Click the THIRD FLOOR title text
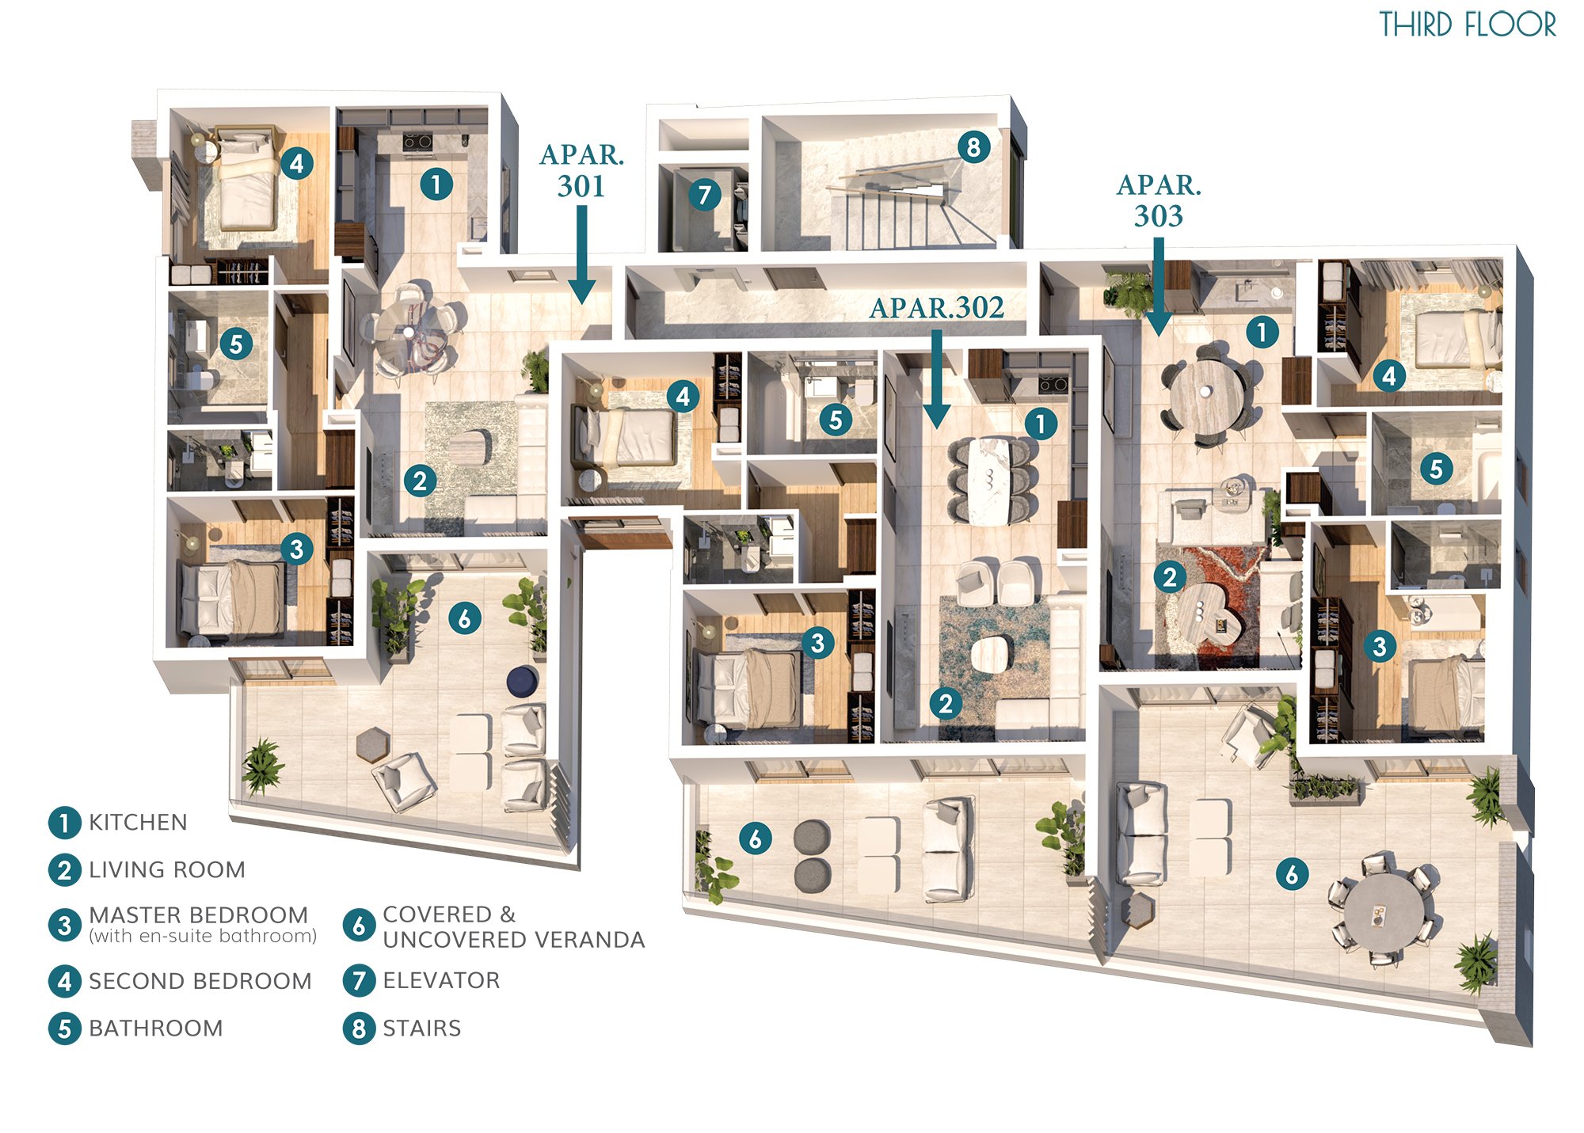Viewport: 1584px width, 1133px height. (1468, 25)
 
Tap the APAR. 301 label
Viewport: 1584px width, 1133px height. (582, 170)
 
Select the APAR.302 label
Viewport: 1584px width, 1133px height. (937, 307)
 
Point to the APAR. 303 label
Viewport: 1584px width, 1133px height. (1159, 200)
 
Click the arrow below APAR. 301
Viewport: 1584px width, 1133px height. (582, 255)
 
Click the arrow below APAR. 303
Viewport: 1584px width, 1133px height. (1159, 287)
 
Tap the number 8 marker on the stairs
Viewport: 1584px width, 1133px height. (973, 146)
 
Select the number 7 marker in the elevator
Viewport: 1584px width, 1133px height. (704, 194)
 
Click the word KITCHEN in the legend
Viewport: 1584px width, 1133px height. (138, 823)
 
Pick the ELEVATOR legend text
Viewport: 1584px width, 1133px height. (441, 981)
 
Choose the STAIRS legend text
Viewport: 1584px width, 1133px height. (421, 1028)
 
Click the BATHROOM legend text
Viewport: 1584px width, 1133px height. (155, 1028)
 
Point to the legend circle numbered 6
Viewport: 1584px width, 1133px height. (359, 925)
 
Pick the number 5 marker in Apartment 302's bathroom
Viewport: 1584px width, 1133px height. (836, 420)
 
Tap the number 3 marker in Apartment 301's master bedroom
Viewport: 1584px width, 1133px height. (296, 549)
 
